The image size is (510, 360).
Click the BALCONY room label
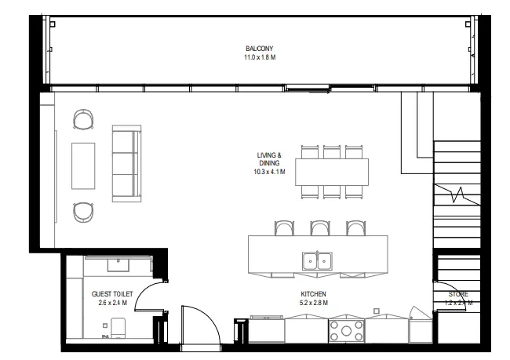[x=258, y=49]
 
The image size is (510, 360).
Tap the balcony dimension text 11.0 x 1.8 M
[x=258, y=57]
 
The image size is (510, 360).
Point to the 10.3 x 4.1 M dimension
[x=268, y=172]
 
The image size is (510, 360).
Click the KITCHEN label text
[x=313, y=293]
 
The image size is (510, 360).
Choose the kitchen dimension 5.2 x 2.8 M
[x=313, y=302]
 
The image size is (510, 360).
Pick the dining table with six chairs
[x=331, y=172]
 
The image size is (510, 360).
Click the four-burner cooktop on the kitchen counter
[x=346, y=329]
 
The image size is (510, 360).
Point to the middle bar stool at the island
[x=319, y=228]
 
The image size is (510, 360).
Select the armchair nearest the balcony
[x=82, y=120]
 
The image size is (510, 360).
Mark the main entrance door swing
[x=200, y=322]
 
